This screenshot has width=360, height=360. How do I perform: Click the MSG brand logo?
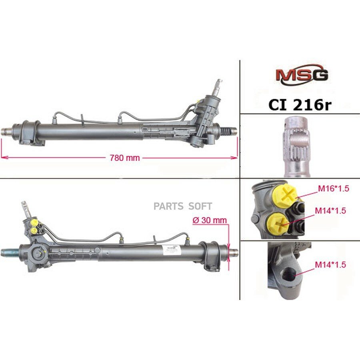point(302,75)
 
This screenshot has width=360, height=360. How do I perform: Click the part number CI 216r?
point(300,105)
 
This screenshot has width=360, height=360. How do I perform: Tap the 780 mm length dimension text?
point(125,158)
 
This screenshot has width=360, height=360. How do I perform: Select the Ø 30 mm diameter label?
point(210,220)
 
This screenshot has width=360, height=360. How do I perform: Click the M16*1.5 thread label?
point(333,188)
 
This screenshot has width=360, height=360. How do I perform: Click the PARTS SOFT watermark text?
point(183,206)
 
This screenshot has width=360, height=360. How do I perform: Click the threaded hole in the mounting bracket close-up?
point(288,274)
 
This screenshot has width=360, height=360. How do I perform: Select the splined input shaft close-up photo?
point(297,146)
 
